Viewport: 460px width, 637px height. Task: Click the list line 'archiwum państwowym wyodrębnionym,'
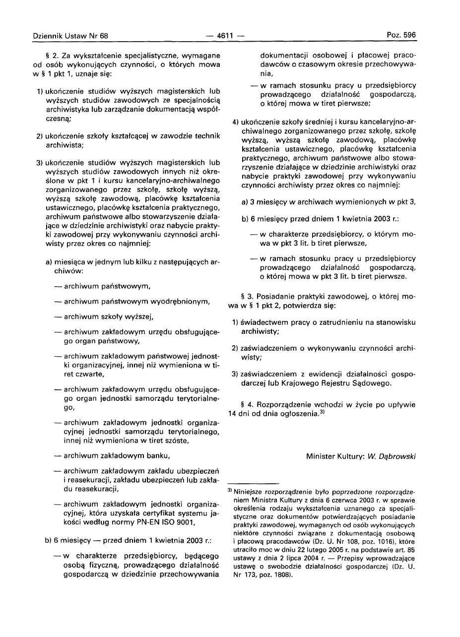[132, 302]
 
